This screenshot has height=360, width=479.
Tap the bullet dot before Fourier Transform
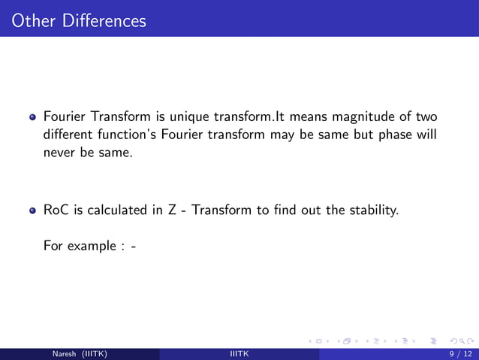(33, 118)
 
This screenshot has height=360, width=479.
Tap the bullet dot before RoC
(33, 211)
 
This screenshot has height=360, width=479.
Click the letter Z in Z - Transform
(172, 210)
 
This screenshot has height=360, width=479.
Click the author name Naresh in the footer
(65, 354)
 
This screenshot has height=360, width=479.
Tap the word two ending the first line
(425, 117)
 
